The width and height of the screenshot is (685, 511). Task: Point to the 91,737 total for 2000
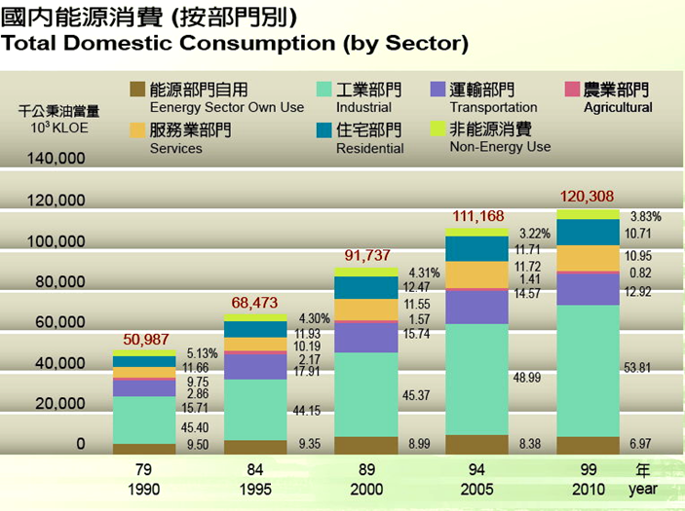click(367, 256)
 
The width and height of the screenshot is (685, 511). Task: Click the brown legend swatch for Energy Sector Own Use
click(137, 90)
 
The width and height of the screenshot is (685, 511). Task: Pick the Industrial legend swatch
click(324, 90)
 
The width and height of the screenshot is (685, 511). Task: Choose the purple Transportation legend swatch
click(438, 90)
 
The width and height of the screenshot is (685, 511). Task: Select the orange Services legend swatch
click(137, 129)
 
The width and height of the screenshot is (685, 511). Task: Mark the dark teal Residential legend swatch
click(324, 129)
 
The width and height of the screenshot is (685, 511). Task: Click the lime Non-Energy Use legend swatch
click(438, 129)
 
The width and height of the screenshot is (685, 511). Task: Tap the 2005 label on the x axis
click(477, 490)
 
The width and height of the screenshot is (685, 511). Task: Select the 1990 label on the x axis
click(143, 490)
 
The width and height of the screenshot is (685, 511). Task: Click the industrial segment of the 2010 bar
click(589, 370)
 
